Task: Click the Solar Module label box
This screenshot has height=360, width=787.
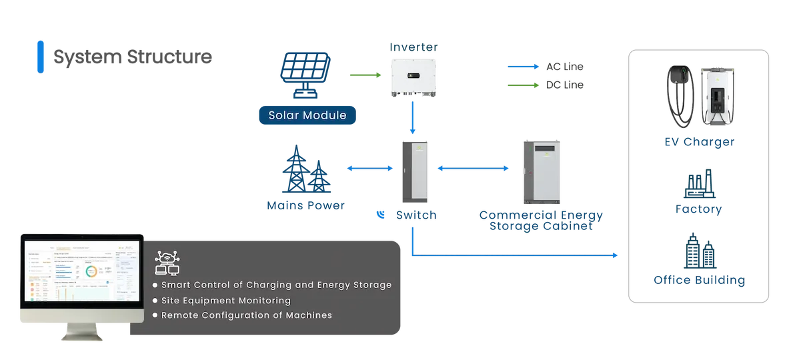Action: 307,115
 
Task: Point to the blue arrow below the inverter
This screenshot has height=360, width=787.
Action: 416,119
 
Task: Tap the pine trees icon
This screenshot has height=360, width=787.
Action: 305,169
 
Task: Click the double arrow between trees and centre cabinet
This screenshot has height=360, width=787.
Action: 367,170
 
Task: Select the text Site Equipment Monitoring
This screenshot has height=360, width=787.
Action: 226,301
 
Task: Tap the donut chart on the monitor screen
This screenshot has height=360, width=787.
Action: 91,271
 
